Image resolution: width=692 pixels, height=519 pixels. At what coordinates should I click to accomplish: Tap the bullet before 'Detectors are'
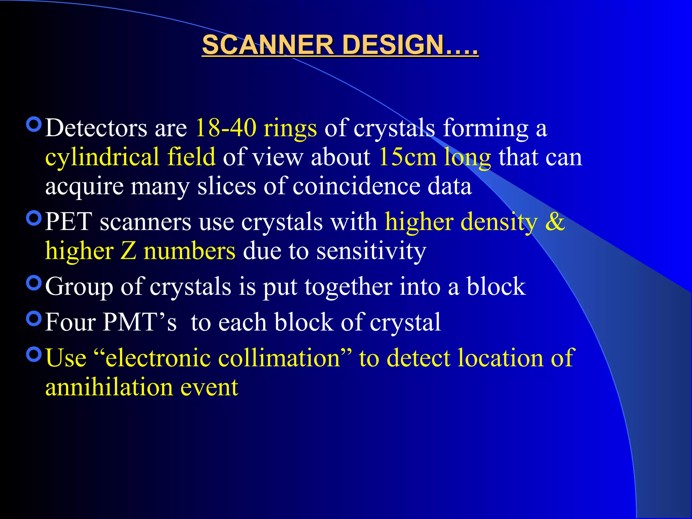pos(34,124)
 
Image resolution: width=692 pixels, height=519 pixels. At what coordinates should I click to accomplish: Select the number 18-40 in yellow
pos(226,128)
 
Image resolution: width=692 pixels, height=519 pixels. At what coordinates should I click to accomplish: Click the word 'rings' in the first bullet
pos(290,129)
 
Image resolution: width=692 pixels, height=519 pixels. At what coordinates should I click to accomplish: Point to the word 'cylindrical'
pos(102,157)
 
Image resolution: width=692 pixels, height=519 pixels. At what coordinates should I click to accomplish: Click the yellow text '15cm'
pos(407,157)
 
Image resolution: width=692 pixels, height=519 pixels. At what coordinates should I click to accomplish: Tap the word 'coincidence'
pos(356,187)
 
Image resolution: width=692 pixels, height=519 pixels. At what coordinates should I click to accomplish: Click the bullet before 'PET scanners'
pos(34,218)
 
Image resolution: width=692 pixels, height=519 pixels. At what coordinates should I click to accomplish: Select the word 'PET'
pos(69,222)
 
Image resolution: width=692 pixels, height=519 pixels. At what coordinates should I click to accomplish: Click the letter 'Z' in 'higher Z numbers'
pos(128,251)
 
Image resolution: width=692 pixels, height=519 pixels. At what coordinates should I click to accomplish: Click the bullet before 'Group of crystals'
pos(34,283)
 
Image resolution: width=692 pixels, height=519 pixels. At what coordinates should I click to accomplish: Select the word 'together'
pos(348,287)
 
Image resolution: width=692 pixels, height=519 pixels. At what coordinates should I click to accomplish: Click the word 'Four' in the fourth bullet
pos(70,322)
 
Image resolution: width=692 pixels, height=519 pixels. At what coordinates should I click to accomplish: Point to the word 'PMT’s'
pos(140,322)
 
